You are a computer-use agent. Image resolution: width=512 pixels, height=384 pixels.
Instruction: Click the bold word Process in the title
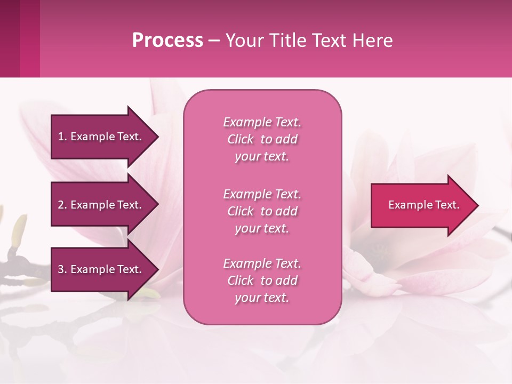click(x=167, y=40)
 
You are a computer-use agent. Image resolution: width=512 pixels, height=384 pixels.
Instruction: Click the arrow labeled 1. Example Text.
click(x=101, y=137)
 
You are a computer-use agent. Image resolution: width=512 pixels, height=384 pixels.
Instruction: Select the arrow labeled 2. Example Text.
click(x=101, y=205)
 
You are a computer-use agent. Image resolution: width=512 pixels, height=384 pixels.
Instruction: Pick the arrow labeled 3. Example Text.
click(x=101, y=269)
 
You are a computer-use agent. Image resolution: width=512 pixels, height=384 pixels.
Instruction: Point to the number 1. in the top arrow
click(x=62, y=137)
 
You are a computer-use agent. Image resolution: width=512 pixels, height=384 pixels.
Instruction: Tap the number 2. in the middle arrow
click(x=62, y=205)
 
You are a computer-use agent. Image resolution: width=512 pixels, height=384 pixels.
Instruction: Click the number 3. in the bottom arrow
click(x=62, y=269)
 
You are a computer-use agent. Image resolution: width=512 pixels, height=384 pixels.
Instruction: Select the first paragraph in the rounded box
click(x=262, y=139)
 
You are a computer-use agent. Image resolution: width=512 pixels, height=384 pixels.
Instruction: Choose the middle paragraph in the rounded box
click(x=262, y=211)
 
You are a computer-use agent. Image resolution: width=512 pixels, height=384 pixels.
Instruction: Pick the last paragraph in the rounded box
click(x=262, y=281)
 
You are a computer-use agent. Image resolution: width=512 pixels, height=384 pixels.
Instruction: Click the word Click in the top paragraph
click(x=241, y=139)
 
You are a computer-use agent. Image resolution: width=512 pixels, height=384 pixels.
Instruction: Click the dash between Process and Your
click(x=214, y=41)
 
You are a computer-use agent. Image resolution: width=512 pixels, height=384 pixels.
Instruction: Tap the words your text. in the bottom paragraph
click(x=262, y=298)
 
